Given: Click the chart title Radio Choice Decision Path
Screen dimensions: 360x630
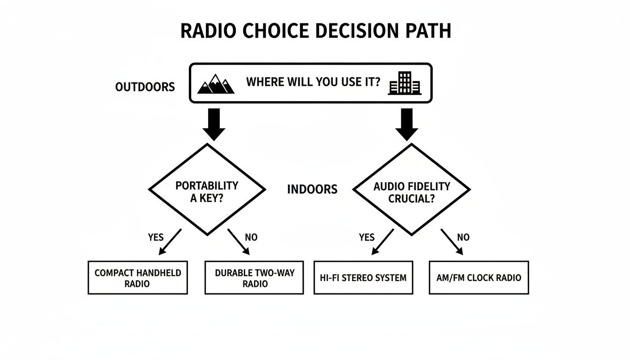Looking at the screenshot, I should (315, 31).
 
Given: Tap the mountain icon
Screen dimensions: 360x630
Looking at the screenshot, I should (216, 84).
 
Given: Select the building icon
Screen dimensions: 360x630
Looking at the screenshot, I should (405, 83).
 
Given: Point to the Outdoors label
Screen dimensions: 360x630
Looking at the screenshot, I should (145, 87).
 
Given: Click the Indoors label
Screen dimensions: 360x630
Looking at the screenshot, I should (312, 189).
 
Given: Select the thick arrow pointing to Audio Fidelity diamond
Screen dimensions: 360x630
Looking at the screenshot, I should (407, 124).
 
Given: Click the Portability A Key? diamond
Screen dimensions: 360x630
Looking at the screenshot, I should (207, 189).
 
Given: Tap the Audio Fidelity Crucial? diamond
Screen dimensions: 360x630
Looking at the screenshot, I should (411, 189).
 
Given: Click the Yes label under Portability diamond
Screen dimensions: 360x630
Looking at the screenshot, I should (156, 237).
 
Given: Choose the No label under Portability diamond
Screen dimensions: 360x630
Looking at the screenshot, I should (251, 237).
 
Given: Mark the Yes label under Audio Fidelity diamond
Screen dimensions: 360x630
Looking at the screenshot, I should (367, 237).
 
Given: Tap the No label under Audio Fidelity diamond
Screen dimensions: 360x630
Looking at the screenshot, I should (463, 237).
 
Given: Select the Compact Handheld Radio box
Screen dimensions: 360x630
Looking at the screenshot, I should (138, 277).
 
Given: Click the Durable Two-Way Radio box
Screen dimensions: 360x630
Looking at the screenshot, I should (254, 277).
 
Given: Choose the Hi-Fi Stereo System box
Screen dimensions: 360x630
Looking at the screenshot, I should (363, 277).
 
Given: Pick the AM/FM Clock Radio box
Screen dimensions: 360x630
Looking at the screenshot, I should (479, 277).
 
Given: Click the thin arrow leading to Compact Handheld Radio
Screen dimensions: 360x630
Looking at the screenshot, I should (170, 242).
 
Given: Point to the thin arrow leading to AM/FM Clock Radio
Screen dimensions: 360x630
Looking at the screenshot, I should (452, 242).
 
